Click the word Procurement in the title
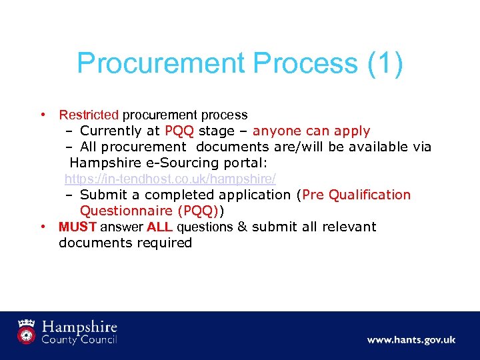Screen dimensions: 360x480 coord(160,63)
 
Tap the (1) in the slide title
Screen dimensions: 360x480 coord(385,63)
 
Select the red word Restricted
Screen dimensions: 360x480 coord(88,115)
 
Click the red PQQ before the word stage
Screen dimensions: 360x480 coord(179,131)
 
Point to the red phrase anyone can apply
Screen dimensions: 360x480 coord(311,131)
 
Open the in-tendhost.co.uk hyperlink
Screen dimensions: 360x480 coord(170,179)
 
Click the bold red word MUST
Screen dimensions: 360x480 coord(78,227)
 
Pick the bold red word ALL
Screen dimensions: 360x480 coord(160,227)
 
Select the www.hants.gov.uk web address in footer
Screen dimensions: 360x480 coord(411,340)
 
